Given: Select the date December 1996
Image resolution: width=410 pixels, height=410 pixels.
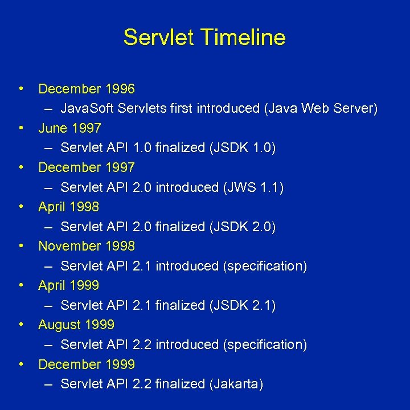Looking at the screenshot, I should (x=87, y=89).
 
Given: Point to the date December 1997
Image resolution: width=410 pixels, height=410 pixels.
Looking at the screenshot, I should (x=87, y=167).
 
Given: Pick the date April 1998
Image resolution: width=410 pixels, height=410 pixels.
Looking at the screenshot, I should (x=68, y=207).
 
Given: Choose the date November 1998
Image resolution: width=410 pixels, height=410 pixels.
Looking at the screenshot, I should (x=87, y=246).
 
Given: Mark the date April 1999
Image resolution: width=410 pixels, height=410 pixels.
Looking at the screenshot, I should (x=68, y=285).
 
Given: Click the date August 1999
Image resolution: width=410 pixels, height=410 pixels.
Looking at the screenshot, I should (x=76, y=325).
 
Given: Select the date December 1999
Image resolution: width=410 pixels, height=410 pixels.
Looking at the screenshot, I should (x=87, y=364).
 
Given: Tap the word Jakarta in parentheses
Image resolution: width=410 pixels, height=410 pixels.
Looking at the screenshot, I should (x=236, y=384).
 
